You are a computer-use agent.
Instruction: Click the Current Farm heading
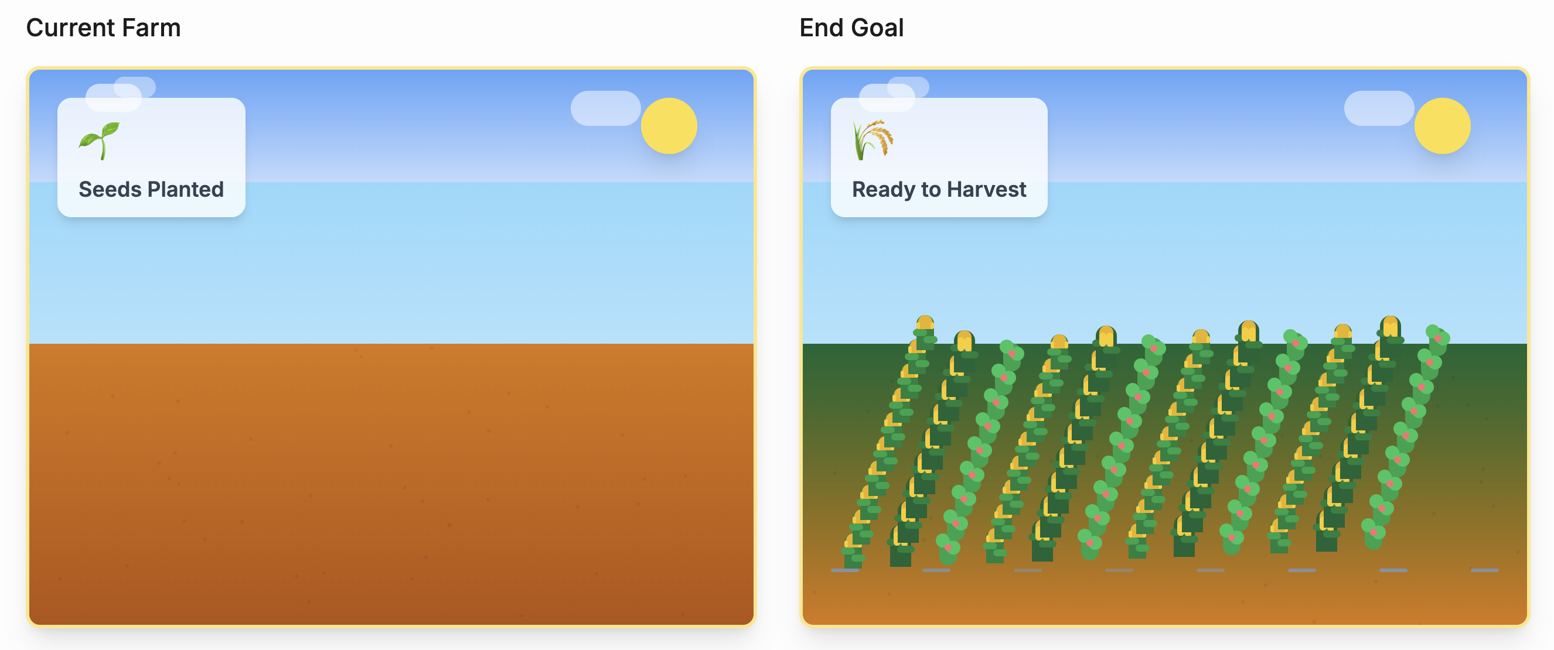coord(103,28)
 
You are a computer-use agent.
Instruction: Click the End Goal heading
coord(851,28)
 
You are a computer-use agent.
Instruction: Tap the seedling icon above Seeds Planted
coord(100,141)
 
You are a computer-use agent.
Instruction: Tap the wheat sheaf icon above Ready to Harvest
coord(873,140)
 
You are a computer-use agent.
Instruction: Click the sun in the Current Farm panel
coord(669,126)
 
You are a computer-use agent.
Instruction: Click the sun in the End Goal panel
coord(1443,126)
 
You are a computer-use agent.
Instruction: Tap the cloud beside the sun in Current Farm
coord(606,108)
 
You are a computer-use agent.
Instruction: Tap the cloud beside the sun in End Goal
coord(1379,108)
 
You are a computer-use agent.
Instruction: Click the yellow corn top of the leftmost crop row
coord(925,323)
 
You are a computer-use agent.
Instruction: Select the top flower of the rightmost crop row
coord(1437,337)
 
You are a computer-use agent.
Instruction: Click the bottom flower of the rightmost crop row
coord(1374,532)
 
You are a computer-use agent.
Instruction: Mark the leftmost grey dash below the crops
coord(844,570)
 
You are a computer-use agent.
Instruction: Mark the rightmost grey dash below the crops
coord(1485,570)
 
